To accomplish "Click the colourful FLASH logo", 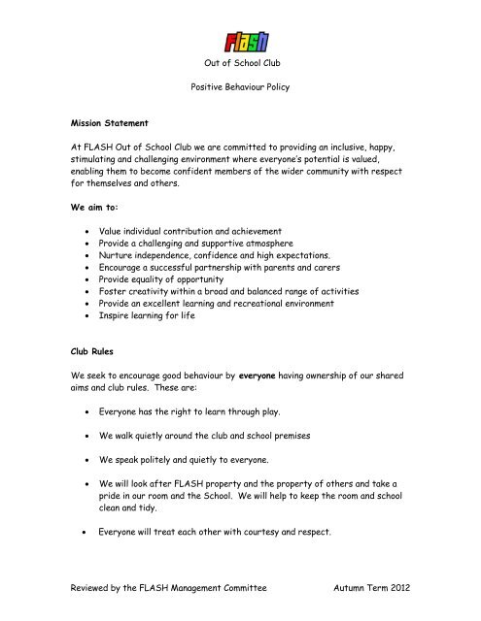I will tap(247, 42).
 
